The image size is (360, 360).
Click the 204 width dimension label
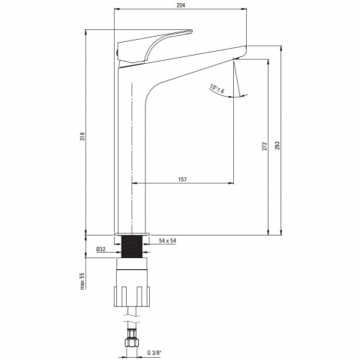[x=181, y=5]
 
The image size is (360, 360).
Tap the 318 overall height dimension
[x=82, y=136]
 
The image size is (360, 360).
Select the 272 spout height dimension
[x=265, y=146]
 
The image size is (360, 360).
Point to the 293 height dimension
[x=277, y=145]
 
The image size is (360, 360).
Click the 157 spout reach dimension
[x=182, y=179]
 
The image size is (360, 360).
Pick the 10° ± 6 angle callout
[x=217, y=89]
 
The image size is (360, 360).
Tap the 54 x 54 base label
[x=167, y=241]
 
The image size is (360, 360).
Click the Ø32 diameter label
[x=100, y=249]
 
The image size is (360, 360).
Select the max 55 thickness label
[x=82, y=280]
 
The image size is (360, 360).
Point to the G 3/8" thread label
[x=154, y=352]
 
